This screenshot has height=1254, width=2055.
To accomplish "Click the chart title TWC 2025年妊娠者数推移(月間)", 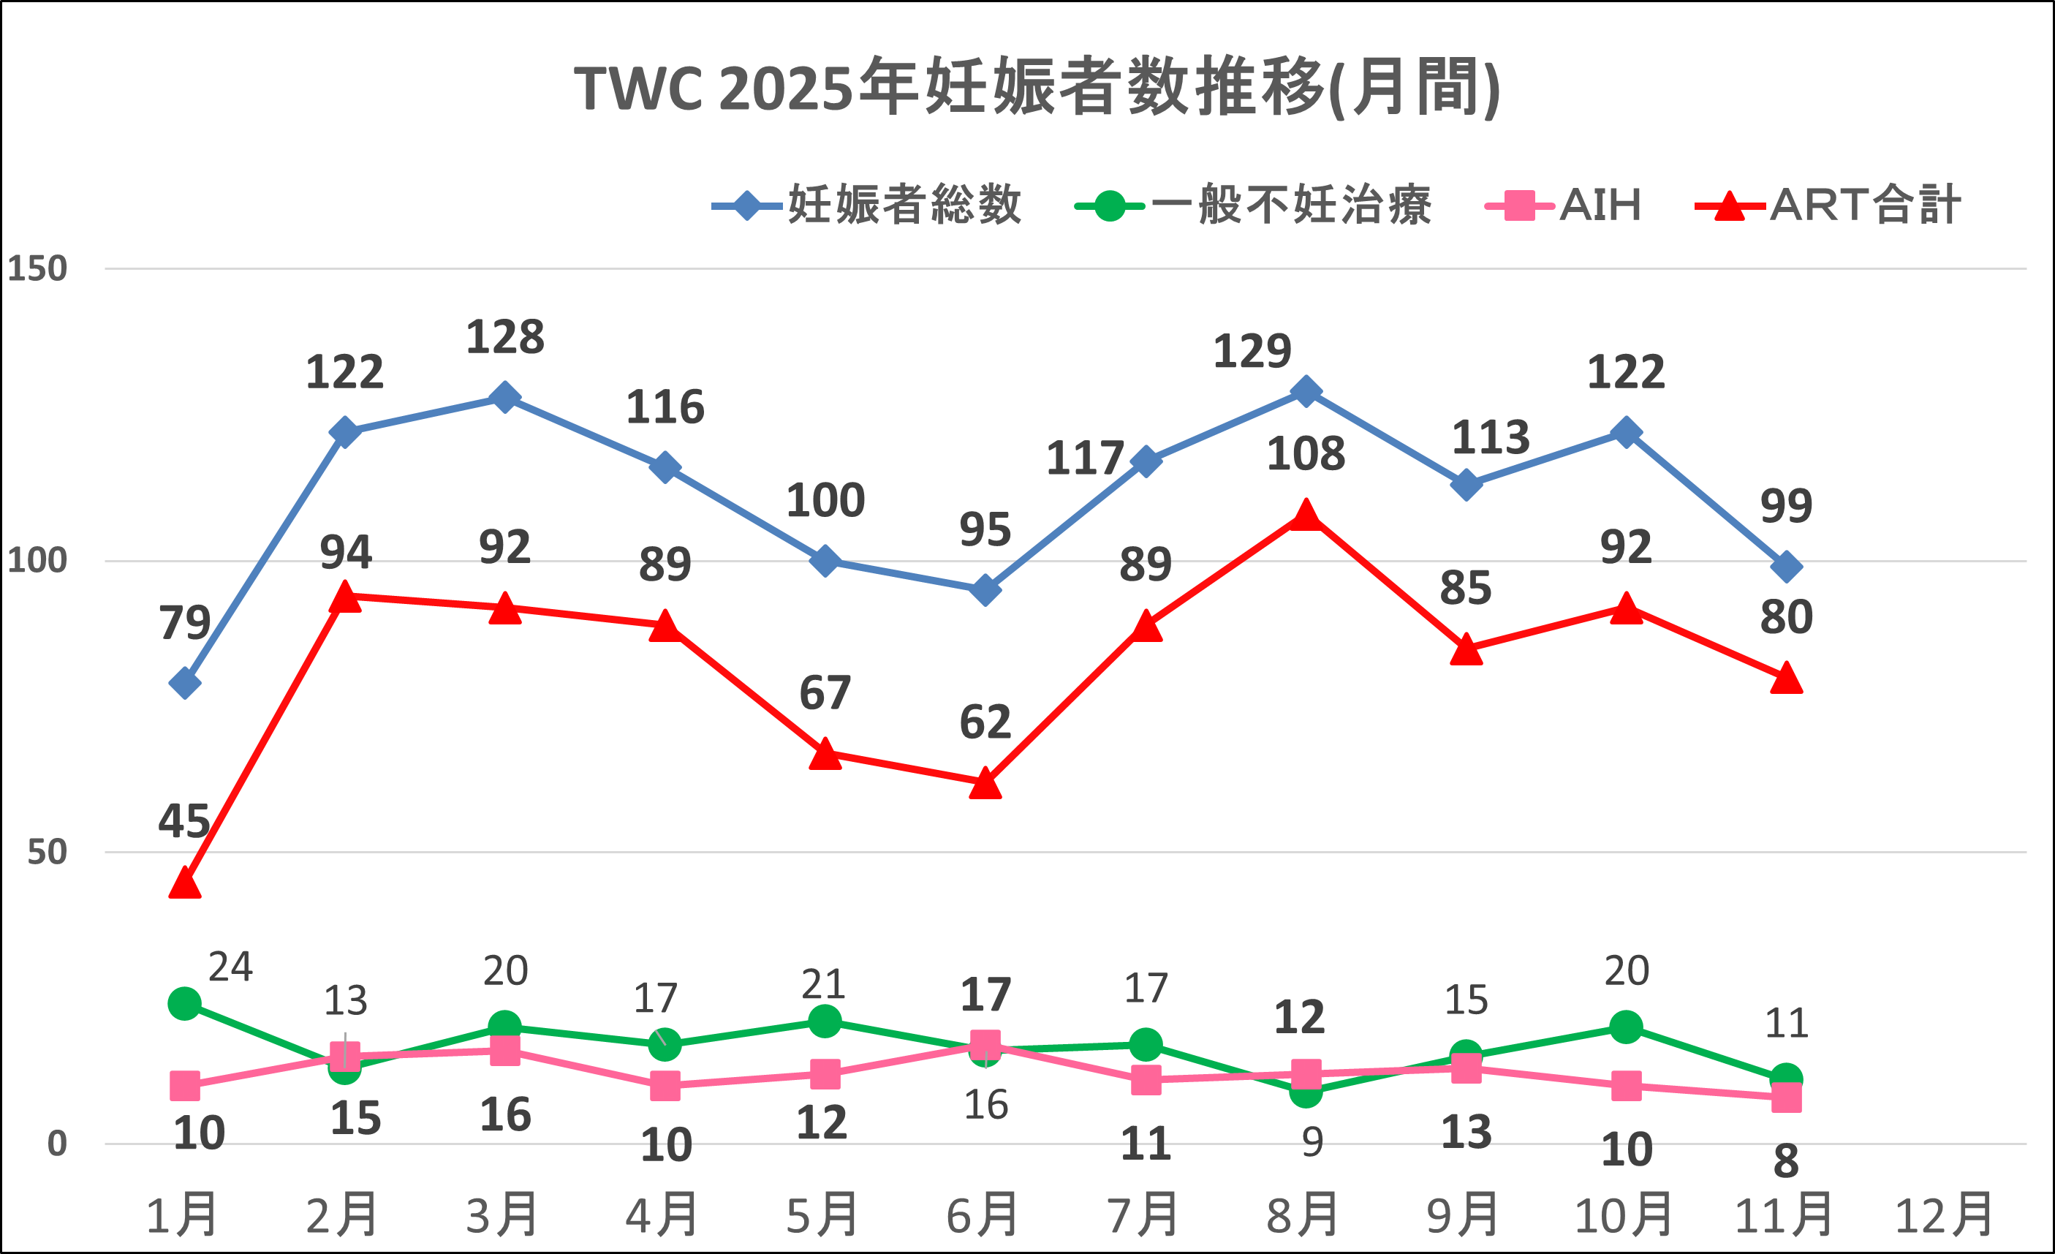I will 1037,88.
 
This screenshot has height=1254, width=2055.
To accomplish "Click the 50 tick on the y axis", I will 48,853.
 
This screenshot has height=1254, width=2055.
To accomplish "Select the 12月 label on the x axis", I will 1944,1216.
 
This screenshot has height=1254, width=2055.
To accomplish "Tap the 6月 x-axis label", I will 983,1216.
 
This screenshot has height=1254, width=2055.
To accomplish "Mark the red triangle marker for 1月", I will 184,883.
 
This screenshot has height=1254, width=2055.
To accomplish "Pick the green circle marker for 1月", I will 184,1004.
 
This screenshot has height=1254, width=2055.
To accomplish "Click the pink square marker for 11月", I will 1786,1097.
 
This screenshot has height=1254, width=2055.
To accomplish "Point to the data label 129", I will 1252,351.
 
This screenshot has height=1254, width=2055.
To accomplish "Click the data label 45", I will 184,822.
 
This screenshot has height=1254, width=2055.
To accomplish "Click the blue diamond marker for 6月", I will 985,590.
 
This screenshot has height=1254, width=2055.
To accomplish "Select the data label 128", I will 504,338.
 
